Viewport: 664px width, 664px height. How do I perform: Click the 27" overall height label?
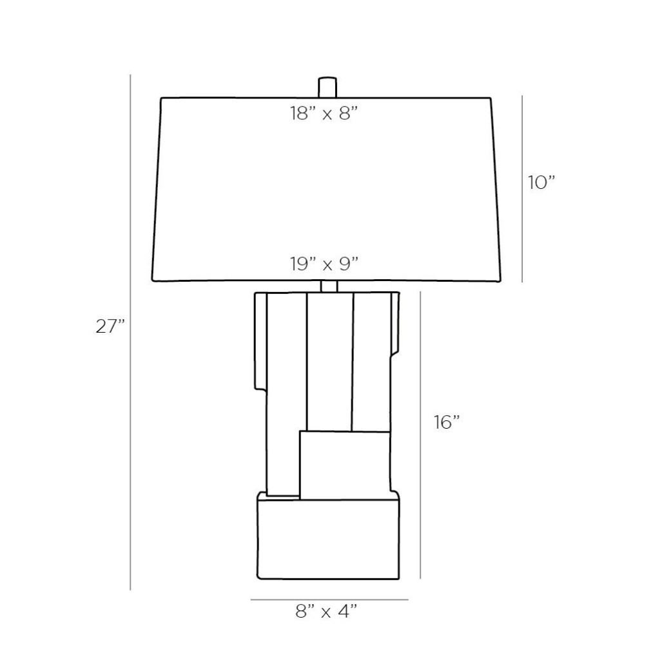110,326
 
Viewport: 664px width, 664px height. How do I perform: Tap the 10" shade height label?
541,182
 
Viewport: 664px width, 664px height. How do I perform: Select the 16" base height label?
446,422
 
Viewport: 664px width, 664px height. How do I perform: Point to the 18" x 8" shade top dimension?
324,113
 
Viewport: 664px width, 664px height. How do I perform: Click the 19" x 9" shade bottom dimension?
324,264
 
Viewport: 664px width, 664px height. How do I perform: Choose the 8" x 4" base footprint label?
326,611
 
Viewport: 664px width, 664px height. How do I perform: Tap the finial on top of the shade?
327,87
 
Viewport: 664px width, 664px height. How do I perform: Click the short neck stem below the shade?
329,287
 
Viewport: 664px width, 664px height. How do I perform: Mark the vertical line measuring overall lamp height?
130,333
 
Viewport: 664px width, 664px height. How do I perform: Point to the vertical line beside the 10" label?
522,189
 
